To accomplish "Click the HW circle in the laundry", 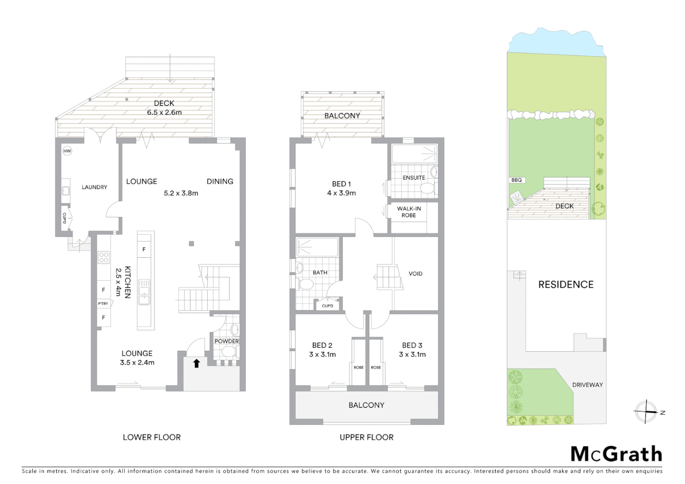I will tap(67, 151).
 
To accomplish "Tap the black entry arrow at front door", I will tap(196, 363).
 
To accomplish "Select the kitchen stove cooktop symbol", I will tap(104, 257).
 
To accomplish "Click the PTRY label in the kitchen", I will tap(103, 304).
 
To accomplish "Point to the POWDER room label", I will tap(226, 341).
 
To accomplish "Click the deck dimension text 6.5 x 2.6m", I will tap(164, 112).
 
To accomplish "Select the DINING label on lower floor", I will tap(220, 181).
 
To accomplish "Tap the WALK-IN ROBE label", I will tap(408, 212).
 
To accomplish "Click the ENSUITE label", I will tap(413, 178).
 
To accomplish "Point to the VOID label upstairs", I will tap(415, 274).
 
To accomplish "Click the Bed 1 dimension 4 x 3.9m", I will tap(341, 193).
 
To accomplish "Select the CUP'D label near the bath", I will tap(327, 306).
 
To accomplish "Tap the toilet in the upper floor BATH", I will tap(306, 285).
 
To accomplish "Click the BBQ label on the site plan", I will tap(516, 180).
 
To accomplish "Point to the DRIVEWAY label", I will tap(587, 385).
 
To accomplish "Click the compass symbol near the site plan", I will tap(646, 411).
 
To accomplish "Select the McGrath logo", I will tap(616, 454).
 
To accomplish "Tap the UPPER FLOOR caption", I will tap(366, 437).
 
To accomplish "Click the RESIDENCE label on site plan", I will tap(566, 285).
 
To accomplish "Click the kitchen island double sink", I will tap(144, 291).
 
